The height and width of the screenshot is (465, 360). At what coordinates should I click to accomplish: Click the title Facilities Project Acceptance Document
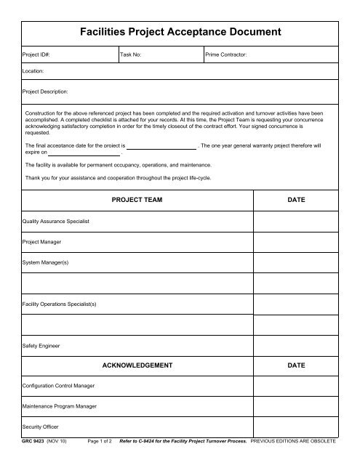[180, 32]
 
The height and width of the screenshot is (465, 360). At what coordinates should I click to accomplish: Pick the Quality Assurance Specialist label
[56, 220]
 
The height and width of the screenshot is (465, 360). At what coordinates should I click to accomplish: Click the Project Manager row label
[41, 240]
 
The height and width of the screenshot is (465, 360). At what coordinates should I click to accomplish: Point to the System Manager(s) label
[44, 261]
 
